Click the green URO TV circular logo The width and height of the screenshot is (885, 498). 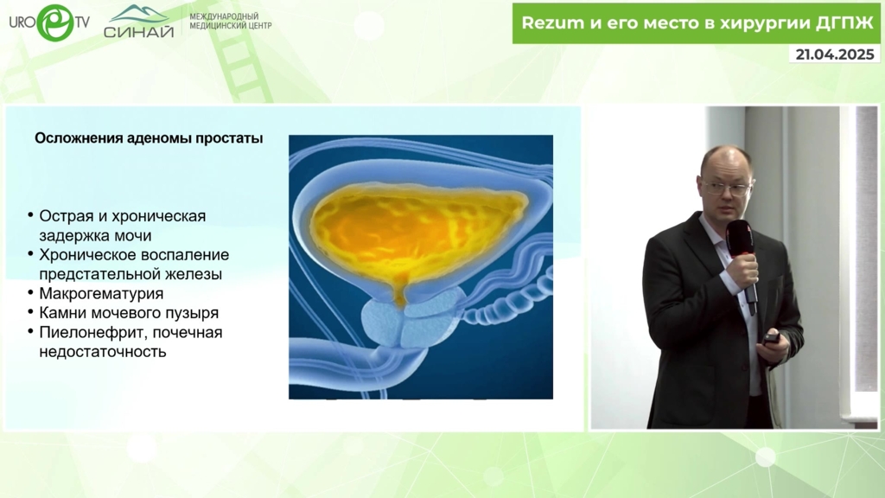[55, 22]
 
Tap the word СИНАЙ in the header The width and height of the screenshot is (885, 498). [138, 32]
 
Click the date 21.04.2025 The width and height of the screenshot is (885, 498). [835, 54]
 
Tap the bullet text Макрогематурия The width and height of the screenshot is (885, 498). [101, 294]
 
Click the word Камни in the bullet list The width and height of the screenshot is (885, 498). [60, 313]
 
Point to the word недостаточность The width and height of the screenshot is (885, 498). [103, 352]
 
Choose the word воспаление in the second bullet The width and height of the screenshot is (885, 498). [187, 255]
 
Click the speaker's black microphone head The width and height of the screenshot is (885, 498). [741, 237]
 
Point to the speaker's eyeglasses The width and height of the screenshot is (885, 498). [726, 188]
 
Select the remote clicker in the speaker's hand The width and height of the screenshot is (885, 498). [771, 338]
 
